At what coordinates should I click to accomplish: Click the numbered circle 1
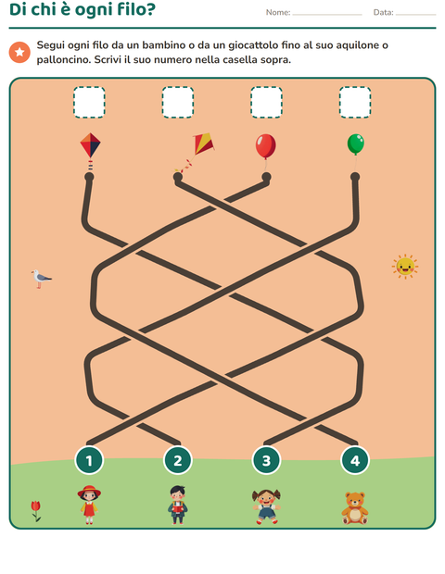89,460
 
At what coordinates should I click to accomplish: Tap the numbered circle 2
178,460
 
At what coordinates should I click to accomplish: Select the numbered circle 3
266,460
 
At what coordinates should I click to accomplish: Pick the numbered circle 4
355,460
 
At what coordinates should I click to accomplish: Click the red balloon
266,146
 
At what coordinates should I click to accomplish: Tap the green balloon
356,143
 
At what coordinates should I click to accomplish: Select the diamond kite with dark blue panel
90,145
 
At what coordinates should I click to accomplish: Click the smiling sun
405,267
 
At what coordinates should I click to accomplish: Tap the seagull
41,279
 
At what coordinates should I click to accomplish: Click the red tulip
36,511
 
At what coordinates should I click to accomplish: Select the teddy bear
355,508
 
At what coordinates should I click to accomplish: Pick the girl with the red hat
89,505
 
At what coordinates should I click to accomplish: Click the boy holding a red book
178,505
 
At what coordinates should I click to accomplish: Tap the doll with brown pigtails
266,506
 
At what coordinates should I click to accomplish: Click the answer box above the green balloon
355,102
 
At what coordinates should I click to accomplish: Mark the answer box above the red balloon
266,102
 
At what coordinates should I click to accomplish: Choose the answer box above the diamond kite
89,102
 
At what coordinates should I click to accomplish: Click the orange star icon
19,53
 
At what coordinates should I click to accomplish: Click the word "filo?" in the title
136,9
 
